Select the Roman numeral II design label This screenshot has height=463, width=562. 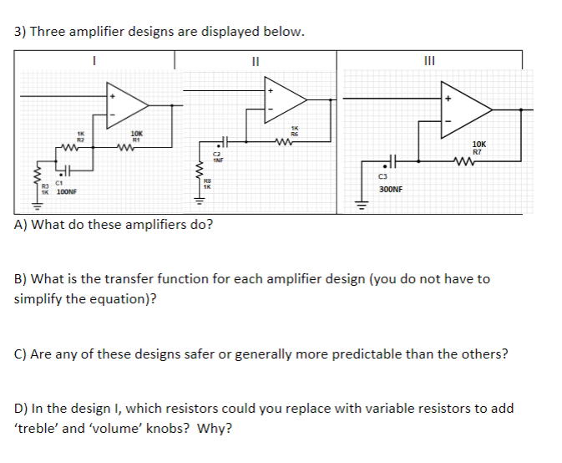coord(256,59)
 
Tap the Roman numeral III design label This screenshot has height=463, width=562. coord(429,59)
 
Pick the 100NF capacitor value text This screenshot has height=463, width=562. coord(66,192)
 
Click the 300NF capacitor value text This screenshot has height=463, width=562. coord(390,190)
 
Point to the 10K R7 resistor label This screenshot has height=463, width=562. coord(477,148)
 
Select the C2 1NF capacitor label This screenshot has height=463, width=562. coord(215,157)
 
